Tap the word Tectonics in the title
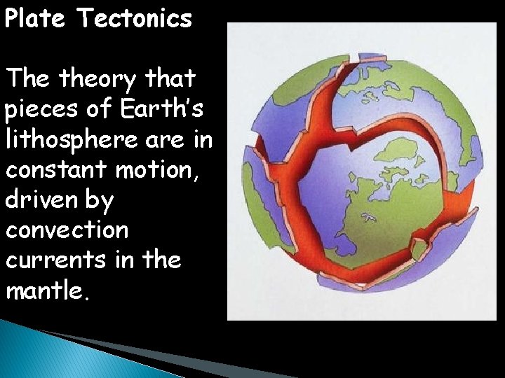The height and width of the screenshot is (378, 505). (x=135, y=18)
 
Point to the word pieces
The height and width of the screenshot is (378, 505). (x=41, y=109)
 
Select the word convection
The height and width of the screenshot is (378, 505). (x=67, y=230)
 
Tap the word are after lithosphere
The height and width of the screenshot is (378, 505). (x=174, y=139)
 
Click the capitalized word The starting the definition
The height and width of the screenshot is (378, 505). (x=29, y=79)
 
